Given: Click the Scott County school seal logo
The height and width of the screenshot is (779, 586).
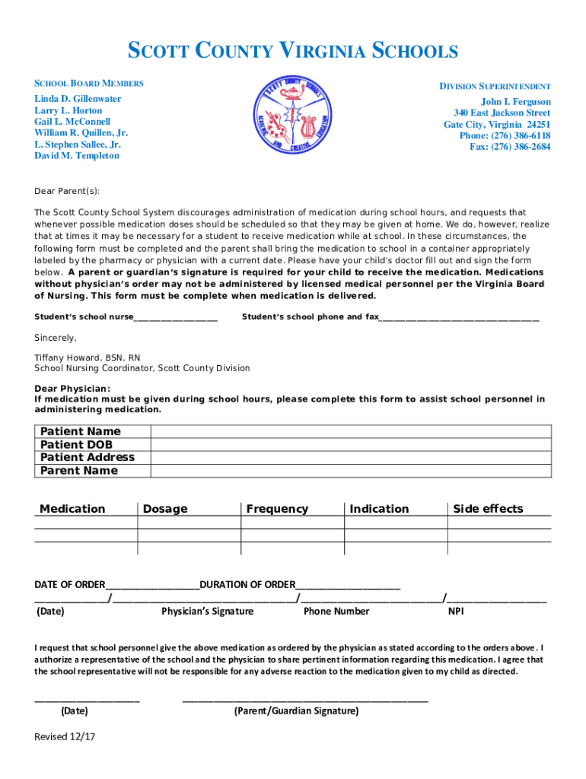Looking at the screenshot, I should coord(292,119).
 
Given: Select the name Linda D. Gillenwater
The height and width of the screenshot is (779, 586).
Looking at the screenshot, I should coord(78,99).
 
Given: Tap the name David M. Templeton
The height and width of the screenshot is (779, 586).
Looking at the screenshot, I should coord(77,155).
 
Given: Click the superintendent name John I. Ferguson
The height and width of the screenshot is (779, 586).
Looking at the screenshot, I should coord(515,102).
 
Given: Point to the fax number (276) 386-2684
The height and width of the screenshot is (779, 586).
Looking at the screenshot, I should coord(510,147).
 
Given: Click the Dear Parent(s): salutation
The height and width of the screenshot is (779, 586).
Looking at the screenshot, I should coord(67,191).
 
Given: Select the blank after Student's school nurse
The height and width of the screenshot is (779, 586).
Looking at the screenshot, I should coord(176,316).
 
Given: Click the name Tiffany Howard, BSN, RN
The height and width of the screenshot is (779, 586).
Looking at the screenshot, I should coord(88,357).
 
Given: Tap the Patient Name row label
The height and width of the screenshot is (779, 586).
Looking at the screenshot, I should coord(81,431).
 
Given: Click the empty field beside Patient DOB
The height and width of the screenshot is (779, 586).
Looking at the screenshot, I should coord(350,444).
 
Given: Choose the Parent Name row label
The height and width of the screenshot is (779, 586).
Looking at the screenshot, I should coord(79,470).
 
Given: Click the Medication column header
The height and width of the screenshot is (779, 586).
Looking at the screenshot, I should coord(72,509).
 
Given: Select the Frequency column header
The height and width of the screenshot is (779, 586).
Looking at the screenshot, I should coord(277,509).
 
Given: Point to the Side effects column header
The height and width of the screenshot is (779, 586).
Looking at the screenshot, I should coord(488,509).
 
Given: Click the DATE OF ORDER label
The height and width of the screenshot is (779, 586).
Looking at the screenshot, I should coord(70,584).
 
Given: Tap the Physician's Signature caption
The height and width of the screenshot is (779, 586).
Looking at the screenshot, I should coord(208,611).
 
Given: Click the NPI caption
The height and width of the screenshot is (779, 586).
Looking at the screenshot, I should coord(456,611).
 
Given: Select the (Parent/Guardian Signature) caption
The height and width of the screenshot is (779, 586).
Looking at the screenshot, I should coord(296,711).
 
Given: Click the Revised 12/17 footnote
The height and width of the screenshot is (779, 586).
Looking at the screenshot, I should coord(65,736).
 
